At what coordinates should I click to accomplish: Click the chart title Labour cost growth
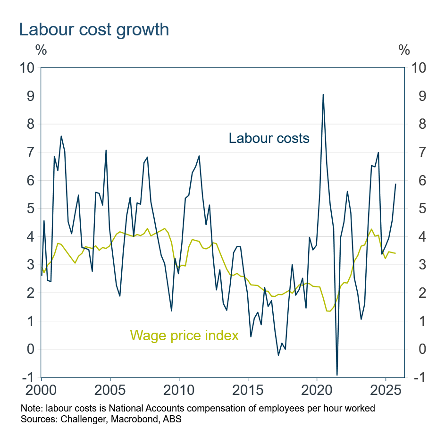pyautogui.click(x=93, y=30)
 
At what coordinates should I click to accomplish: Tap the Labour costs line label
pyautogui.click(x=269, y=138)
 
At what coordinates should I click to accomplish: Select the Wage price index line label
pyautogui.click(x=184, y=335)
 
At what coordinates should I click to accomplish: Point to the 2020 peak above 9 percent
pyautogui.click(x=323, y=94)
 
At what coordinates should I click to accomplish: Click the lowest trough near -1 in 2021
pyautogui.click(x=337, y=375)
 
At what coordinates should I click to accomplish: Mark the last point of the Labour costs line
pyautogui.click(x=395, y=184)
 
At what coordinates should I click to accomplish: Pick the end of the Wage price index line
pyautogui.click(x=395, y=253)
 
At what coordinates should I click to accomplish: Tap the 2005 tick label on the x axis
pyautogui.click(x=109, y=391)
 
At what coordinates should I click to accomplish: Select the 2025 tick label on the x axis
pyautogui.click(x=385, y=391)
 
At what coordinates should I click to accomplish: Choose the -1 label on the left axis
pyautogui.click(x=29, y=378)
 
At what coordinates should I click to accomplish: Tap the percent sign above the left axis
pyautogui.click(x=41, y=50)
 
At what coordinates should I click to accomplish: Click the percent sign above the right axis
pyautogui.click(x=404, y=50)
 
